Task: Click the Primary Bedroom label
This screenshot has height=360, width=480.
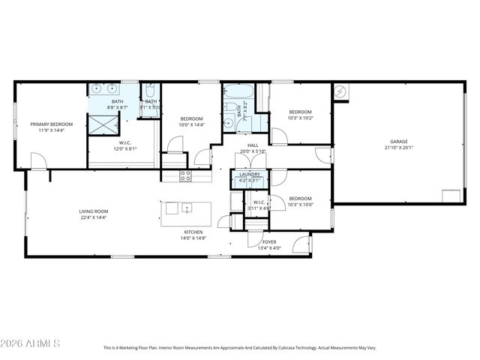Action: pos(52,124)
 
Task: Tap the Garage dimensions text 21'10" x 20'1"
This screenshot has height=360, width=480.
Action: pos(398,148)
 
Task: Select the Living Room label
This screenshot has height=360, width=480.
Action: pos(94,211)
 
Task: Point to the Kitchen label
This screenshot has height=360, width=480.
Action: pos(193,232)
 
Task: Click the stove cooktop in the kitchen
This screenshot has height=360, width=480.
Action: pos(185,175)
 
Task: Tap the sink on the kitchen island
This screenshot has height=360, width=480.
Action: pos(186,208)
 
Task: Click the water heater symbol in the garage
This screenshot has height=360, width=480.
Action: pos(340,91)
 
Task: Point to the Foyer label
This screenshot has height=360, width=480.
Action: pos(268,242)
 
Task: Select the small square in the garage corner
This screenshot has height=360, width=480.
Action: pos(451,196)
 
